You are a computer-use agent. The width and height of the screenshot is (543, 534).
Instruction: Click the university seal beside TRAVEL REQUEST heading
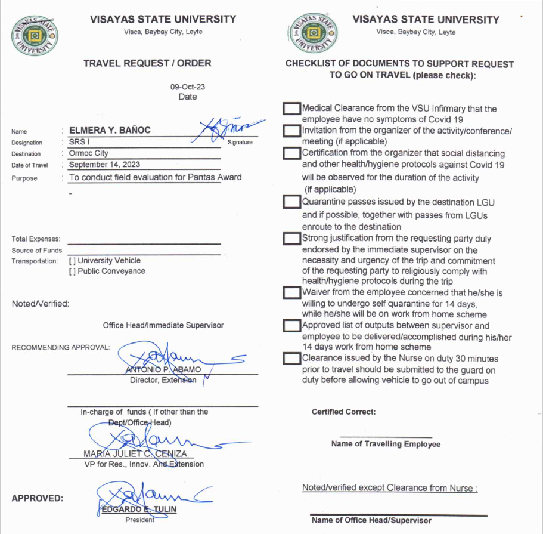coord(35,36)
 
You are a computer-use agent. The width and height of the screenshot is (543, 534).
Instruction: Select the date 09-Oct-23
coord(188,87)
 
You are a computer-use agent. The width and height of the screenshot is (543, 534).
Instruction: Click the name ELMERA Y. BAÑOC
coord(110,130)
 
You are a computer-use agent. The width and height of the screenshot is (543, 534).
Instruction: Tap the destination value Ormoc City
coord(89,153)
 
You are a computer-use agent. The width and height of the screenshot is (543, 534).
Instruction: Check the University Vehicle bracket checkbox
coord(73,260)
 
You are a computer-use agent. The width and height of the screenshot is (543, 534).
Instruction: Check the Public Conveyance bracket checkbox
coord(73,271)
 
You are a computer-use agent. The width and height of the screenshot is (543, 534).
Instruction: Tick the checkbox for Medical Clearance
coord(291,109)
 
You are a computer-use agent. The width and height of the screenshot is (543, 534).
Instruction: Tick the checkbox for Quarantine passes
coord(291,202)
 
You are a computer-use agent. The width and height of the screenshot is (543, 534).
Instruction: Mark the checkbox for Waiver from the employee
coord(291,293)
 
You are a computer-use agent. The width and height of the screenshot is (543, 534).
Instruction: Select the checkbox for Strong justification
coord(291,239)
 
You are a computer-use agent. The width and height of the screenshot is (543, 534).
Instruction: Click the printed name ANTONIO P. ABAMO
coord(163,370)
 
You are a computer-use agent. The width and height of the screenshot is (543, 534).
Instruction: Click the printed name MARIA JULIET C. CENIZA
coord(135,453)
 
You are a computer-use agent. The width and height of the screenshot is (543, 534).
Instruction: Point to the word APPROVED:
coord(38,498)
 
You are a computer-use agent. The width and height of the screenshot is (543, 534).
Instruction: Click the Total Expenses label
coord(36,239)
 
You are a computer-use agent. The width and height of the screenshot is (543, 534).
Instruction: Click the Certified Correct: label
coord(344,412)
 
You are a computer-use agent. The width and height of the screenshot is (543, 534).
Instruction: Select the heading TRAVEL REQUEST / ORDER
coord(147,63)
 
